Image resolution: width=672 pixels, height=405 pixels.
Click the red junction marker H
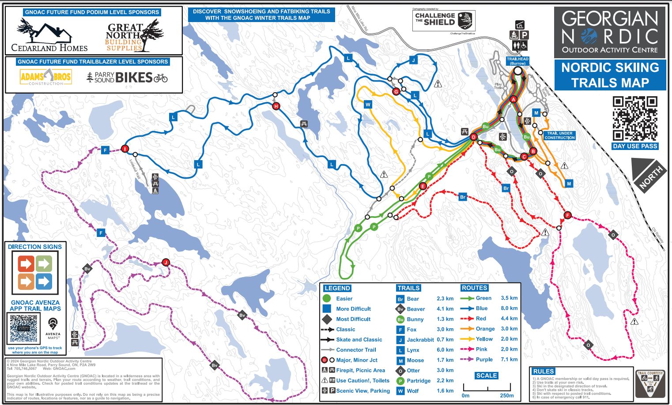coord(276,106)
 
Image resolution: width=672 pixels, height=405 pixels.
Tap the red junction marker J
coord(166,262)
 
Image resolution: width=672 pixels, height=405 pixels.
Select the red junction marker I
coord(125,149)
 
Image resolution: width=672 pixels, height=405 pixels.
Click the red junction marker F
coord(568,215)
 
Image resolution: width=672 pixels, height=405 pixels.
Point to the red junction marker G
coord(396,91)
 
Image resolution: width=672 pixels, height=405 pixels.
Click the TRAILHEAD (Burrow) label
coord(517,61)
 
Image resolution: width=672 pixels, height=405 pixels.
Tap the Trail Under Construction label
coord(559,135)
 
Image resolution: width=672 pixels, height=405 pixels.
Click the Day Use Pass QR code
coord(635,118)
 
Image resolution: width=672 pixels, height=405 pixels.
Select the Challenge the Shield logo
coord(444,20)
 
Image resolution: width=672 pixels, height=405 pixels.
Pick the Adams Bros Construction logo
coord(46,77)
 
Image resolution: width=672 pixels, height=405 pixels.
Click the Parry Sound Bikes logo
coord(127,78)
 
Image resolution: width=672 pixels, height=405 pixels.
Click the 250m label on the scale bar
coord(506,395)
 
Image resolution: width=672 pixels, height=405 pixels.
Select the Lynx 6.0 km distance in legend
coord(445,350)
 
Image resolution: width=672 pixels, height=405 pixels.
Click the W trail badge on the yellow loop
coord(368,105)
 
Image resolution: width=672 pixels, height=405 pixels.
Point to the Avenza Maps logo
coord(53,327)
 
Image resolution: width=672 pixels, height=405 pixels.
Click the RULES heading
coord(544,371)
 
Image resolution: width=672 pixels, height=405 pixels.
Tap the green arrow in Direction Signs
coord(44,264)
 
